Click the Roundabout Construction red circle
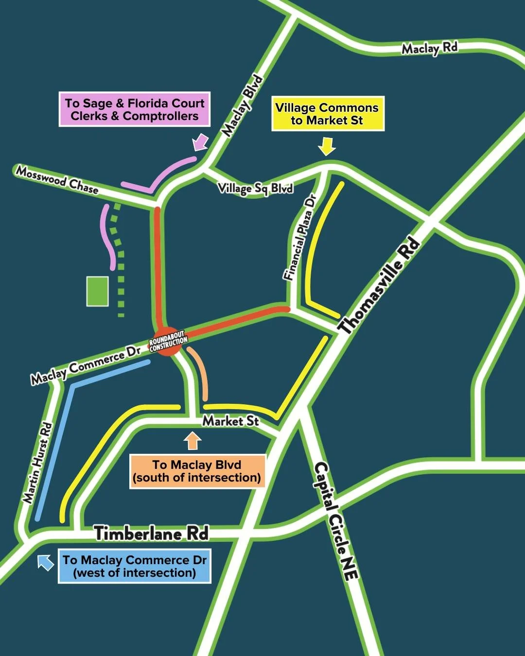click(168, 342)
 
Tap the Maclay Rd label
click(429, 48)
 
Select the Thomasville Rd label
click(379, 286)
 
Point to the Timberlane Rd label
click(152, 534)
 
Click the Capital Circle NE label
click(336, 520)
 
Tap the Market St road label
click(230, 421)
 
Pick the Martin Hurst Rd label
click(37, 463)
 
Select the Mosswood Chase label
click(57, 180)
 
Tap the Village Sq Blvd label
click(255, 188)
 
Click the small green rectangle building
click(97, 291)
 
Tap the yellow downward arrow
click(328, 145)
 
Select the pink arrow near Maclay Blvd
click(200, 142)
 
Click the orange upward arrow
click(192, 440)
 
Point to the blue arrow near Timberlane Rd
click(45, 562)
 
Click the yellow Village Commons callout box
click(328, 114)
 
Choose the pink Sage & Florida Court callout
click(135, 109)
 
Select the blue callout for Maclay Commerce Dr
click(135, 566)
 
